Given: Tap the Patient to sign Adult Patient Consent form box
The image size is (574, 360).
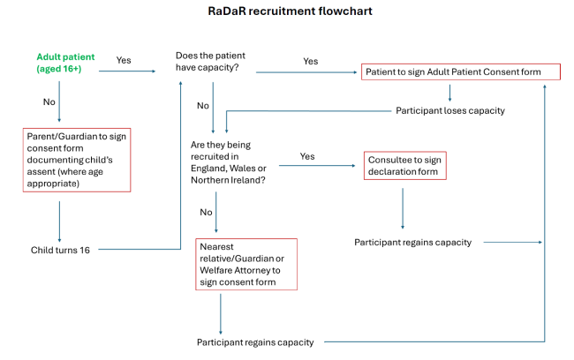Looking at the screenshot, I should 449,71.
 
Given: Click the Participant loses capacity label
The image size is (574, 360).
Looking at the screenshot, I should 449,111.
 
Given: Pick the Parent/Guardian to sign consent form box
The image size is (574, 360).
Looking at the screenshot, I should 77,159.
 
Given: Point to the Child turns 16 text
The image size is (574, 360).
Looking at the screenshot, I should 60,250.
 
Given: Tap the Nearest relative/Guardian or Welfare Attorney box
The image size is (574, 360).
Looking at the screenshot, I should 246,264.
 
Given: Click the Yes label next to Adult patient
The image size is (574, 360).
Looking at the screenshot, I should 125,60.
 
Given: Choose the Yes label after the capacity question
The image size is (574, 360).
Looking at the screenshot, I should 311,62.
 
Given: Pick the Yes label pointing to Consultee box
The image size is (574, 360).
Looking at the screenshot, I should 307,155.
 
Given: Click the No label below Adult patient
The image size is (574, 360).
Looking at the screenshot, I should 49,101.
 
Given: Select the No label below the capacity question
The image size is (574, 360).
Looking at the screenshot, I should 203,105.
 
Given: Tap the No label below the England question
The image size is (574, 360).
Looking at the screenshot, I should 206,213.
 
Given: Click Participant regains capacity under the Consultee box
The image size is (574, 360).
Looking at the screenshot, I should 412,242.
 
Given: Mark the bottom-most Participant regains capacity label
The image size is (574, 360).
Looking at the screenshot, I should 255,341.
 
